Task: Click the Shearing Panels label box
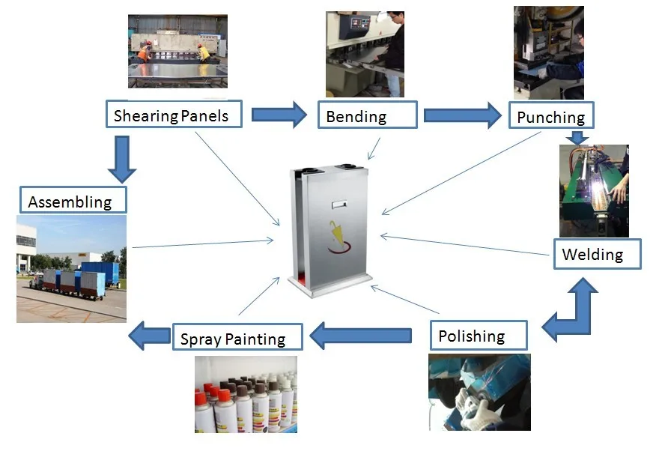point(174,114)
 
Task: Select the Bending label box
point(367,115)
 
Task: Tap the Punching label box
point(551,115)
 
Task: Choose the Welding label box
point(597,254)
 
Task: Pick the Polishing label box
point(479,336)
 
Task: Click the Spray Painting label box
point(237,336)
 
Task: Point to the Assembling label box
point(73,199)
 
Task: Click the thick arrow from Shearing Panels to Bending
point(279,115)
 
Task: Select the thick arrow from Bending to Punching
point(463,115)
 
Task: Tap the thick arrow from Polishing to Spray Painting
point(360,336)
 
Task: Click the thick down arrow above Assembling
point(122,160)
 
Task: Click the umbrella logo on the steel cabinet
point(338,237)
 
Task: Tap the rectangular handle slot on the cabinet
point(339,205)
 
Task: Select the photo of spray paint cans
point(246,394)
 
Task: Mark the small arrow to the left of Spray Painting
point(150,336)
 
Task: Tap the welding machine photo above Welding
point(594,191)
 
